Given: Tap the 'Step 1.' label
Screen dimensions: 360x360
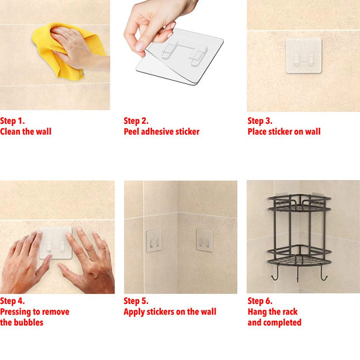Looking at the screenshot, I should click(x=13, y=121).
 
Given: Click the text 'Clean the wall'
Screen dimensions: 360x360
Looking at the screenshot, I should click(x=25, y=132).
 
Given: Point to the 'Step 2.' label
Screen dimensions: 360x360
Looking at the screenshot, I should click(x=136, y=121).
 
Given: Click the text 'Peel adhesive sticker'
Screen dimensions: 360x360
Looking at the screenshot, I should click(x=161, y=132).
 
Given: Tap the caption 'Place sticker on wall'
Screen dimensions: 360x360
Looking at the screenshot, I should click(x=284, y=132).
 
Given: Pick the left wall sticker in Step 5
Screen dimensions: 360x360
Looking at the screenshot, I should click(x=153, y=241).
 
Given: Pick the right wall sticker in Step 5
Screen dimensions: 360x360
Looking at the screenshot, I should click(x=204, y=241).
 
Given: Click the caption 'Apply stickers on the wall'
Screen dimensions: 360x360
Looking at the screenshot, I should click(x=170, y=312).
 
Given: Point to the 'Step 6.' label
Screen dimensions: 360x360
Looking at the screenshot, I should click(x=260, y=301).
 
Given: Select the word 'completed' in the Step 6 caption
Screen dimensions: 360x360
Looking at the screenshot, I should click(x=283, y=323).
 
